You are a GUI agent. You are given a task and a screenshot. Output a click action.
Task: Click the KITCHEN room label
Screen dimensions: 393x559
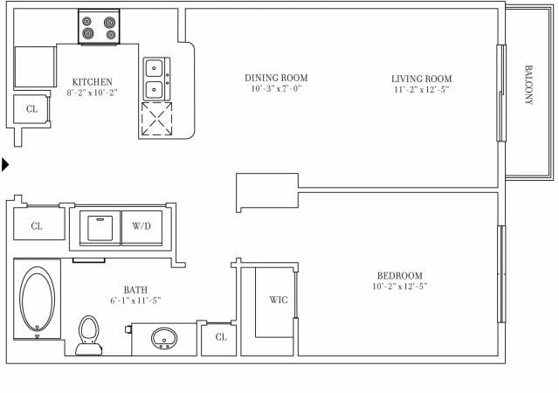[x=92, y=81]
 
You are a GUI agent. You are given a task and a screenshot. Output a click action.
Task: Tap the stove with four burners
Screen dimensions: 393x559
[x=99, y=27]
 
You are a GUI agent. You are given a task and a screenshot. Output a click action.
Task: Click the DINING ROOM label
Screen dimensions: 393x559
[x=276, y=78]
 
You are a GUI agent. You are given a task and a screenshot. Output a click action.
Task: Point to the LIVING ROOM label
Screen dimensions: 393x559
[x=421, y=79]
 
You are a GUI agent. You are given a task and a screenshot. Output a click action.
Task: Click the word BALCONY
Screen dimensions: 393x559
[x=528, y=85]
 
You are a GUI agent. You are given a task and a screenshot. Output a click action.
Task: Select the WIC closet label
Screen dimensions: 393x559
[x=278, y=300]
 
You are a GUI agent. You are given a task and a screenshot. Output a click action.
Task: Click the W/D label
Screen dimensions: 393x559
[x=141, y=225]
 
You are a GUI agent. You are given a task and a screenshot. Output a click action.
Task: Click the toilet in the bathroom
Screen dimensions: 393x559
[x=87, y=334]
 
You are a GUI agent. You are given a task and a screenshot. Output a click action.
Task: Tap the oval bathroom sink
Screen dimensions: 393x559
[x=163, y=338]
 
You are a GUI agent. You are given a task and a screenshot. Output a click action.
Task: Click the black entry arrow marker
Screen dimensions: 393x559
[x=6, y=163]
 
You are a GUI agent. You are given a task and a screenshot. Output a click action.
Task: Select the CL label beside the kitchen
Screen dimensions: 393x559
[x=31, y=109]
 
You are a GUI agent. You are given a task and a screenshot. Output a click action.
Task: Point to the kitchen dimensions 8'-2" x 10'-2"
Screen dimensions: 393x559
[x=92, y=93]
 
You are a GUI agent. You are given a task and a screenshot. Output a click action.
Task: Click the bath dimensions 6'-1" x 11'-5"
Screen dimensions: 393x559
[x=135, y=300]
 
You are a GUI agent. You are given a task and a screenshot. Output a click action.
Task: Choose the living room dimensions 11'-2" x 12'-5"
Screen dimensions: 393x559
[x=421, y=90]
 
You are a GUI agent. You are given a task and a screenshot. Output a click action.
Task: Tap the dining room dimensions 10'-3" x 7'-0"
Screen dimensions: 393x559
[x=276, y=89]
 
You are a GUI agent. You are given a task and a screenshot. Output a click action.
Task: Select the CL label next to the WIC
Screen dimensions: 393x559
[x=221, y=336]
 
